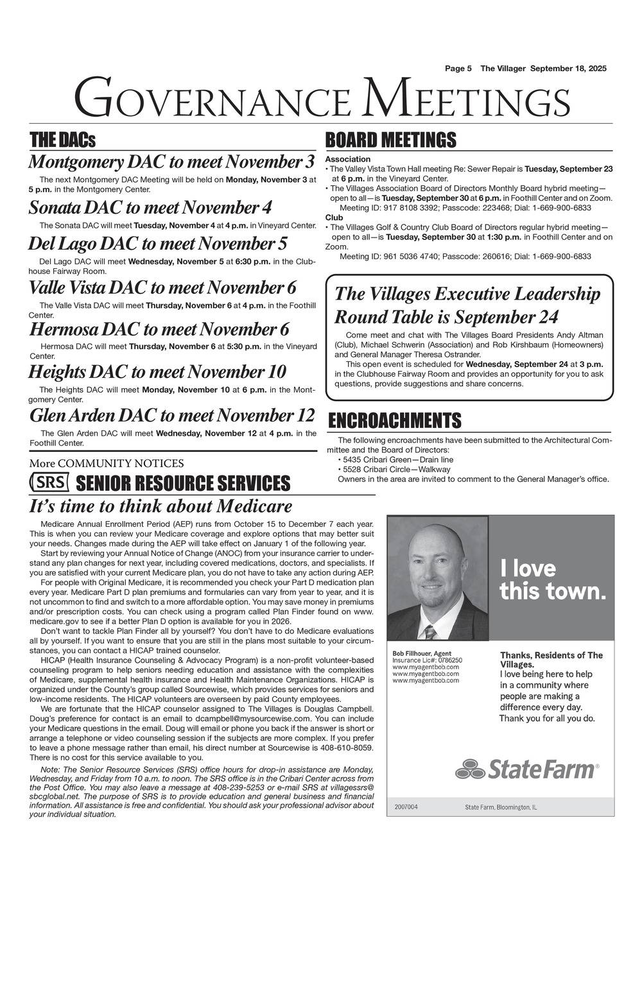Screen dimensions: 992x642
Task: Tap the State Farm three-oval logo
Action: pyautogui.click(x=470, y=768)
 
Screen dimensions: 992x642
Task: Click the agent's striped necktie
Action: pyautogui.click(x=429, y=633)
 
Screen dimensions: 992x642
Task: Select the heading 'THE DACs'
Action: pyautogui.click(x=62, y=140)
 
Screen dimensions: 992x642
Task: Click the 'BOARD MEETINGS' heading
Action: pyautogui.click(x=390, y=140)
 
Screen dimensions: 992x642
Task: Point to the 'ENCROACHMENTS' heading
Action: pyautogui.click(x=394, y=421)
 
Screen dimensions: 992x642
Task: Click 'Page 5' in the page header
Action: pyautogui.click(x=458, y=69)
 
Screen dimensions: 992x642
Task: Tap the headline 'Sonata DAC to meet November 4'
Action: pyautogui.click(x=150, y=208)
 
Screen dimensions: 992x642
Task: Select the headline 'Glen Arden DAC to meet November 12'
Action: pyautogui.click(x=172, y=415)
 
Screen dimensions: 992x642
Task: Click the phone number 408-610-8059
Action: pyautogui.click(x=347, y=748)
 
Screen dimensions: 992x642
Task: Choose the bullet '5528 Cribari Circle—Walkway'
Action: pyautogui.click(x=397, y=469)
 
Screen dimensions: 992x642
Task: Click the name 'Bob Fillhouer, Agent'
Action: pyautogui.click(x=422, y=654)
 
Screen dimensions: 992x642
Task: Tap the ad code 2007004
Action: pyautogui.click(x=406, y=807)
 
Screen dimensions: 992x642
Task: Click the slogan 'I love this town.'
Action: pyautogui.click(x=552, y=579)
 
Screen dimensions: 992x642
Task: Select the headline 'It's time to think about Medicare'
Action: pyautogui.click(x=160, y=506)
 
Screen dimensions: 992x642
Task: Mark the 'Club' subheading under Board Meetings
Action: pyautogui.click(x=334, y=218)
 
